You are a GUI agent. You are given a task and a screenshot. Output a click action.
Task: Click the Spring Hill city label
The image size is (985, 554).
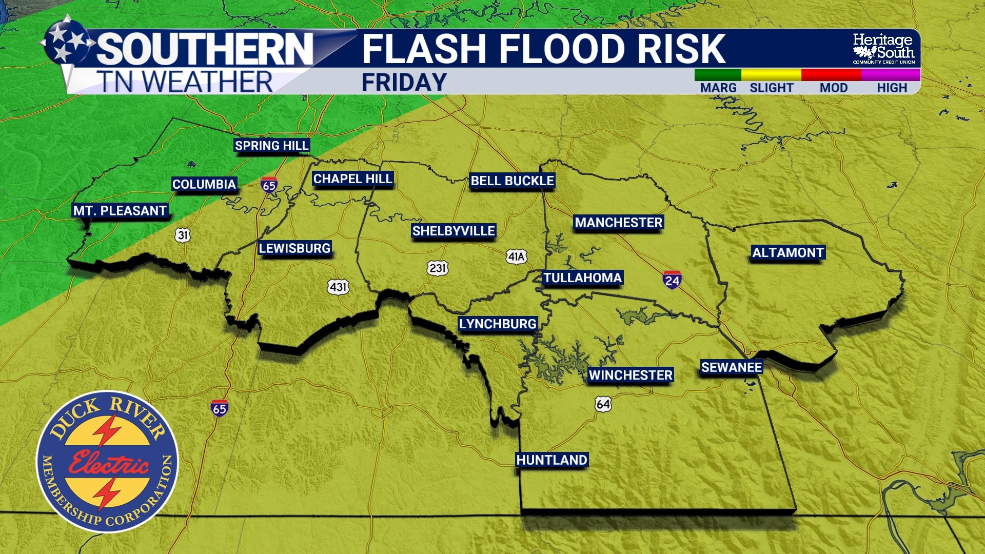click(271, 146)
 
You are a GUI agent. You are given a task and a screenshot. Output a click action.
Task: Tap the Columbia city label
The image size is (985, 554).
click(204, 184)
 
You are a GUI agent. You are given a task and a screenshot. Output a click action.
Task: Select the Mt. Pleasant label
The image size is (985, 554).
click(120, 211)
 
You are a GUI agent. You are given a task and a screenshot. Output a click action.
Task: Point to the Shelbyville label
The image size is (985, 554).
click(454, 231)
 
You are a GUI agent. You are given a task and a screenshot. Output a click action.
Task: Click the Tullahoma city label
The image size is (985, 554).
click(582, 278)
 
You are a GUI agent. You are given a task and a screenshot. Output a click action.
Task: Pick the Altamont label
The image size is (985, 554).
click(788, 252)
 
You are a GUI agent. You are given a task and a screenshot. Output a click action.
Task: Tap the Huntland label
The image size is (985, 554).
click(551, 460)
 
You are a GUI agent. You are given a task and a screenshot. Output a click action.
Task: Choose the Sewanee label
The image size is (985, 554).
click(732, 367)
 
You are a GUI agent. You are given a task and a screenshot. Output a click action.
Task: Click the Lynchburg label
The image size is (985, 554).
click(498, 324)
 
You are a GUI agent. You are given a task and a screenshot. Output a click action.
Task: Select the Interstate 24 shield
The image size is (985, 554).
click(672, 280)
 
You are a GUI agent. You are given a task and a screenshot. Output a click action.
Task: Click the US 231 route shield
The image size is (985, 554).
click(437, 268)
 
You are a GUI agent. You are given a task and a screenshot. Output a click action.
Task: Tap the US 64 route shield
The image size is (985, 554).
click(603, 404)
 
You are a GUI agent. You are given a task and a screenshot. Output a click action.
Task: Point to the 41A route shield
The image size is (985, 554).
click(516, 256)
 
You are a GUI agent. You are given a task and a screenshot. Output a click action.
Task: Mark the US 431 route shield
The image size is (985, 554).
click(338, 287)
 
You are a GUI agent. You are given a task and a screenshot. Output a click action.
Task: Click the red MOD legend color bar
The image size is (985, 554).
click(831, 75)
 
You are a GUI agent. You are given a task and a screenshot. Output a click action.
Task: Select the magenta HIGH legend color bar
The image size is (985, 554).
click(891, 75)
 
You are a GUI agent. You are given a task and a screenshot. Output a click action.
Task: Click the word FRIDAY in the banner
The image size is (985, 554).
click(404, 83)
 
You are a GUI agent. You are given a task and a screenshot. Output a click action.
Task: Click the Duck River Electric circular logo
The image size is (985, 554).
click(107, 462)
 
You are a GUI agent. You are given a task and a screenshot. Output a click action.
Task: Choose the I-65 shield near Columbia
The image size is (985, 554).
click(269, 185)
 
